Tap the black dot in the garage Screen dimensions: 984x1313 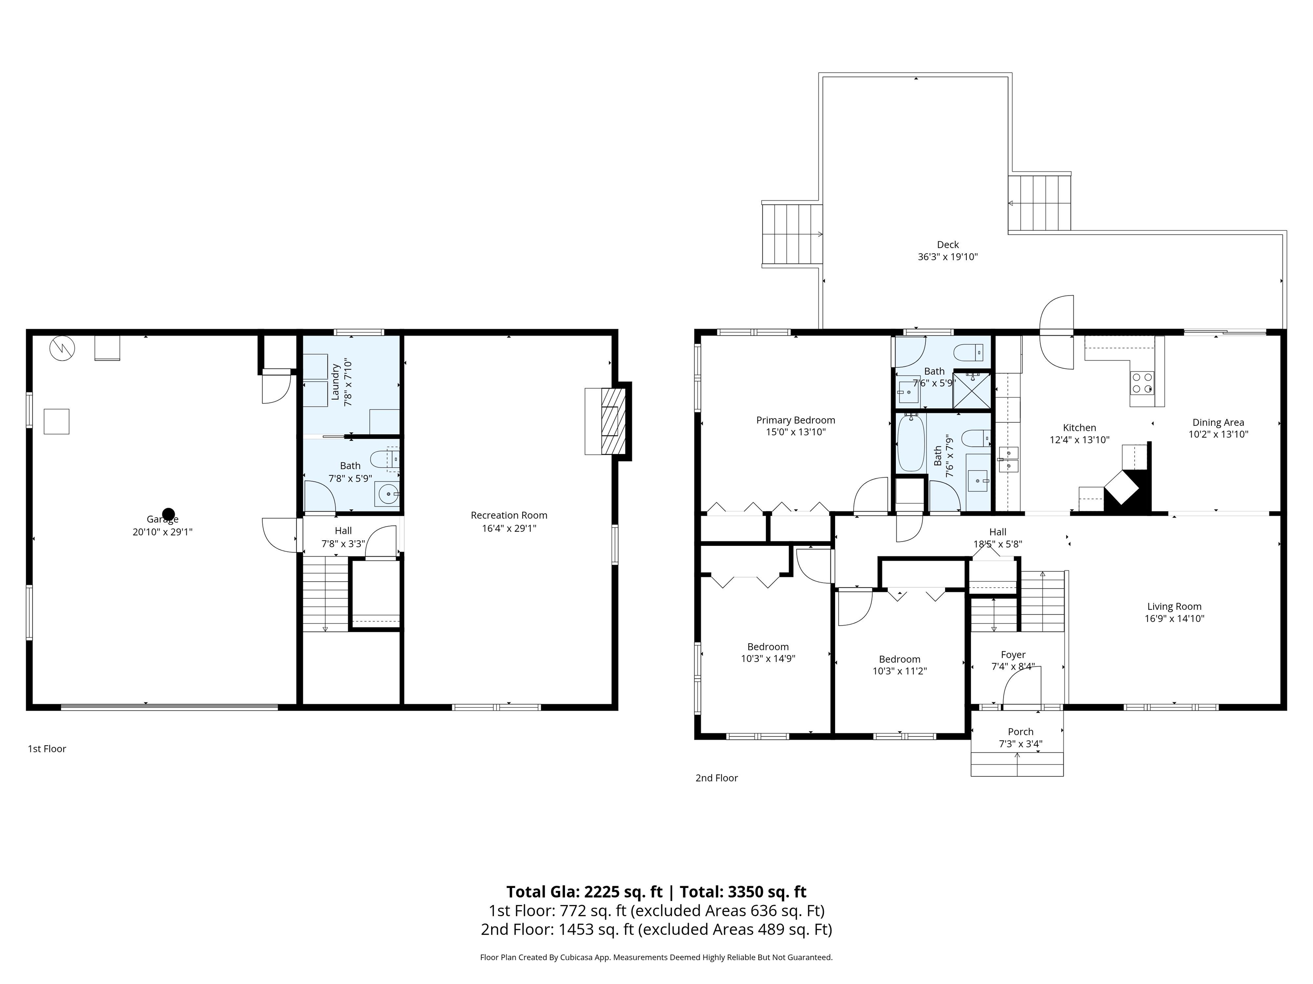168,514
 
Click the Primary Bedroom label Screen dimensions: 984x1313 795,420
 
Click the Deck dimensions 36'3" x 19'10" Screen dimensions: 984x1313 948,257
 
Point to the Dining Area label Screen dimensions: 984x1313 1218,422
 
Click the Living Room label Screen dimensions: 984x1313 1174,606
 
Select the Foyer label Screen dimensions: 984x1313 1013,655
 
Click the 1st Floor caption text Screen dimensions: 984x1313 47,749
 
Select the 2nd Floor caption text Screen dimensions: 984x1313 716,778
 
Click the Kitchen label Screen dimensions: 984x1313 1079,428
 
